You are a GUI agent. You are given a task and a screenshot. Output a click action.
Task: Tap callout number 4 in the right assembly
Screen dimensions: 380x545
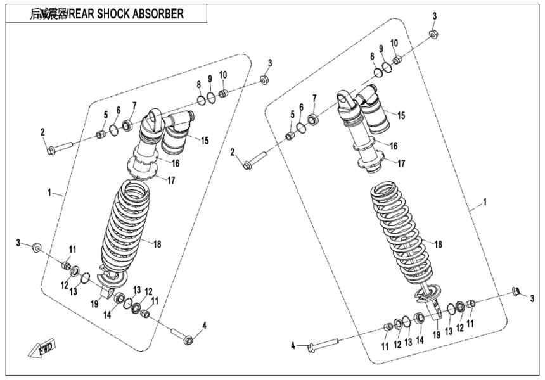coord(293,345)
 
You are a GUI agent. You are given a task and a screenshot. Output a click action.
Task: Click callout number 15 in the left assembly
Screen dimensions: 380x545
coord(205,139)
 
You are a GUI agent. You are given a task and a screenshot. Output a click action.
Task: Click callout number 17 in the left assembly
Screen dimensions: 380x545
coord(170,180)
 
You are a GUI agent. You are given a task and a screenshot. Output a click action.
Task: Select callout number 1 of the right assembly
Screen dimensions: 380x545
coord(485,203)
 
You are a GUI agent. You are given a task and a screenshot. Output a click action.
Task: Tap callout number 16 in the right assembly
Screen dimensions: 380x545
coord(394,146)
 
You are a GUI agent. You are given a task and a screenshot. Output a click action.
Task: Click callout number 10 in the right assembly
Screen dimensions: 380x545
coord(394,42)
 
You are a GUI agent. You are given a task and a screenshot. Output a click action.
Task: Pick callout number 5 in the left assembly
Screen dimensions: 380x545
coord(106,114)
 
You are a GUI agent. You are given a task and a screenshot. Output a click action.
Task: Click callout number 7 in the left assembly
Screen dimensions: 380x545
coord(134,105)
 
